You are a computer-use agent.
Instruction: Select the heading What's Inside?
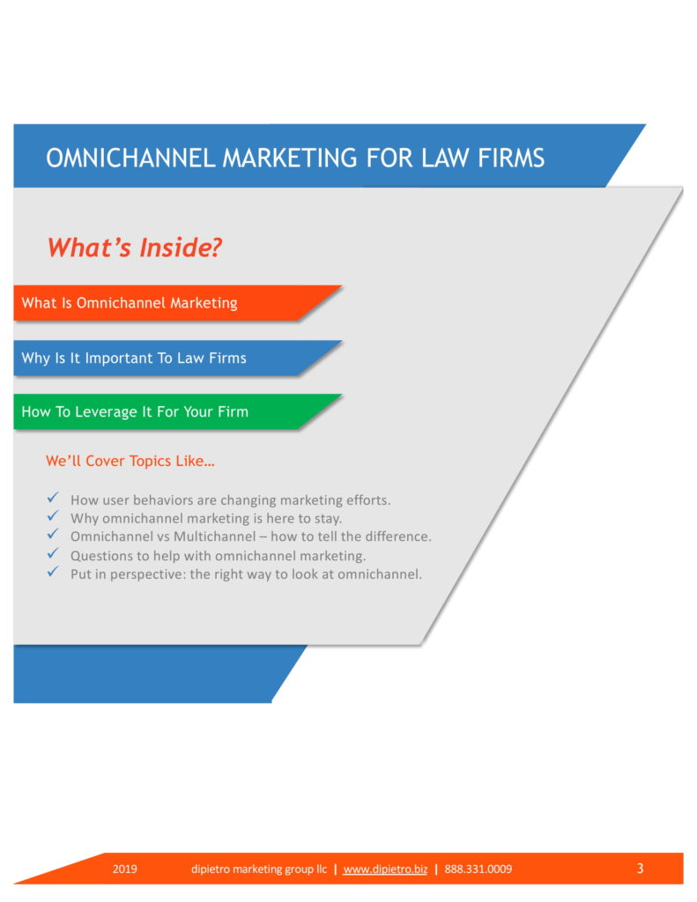[x=134, y=248]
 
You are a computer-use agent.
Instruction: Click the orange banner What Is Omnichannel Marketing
[x=130, y=303]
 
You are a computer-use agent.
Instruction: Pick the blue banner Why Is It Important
[x=134, y=359]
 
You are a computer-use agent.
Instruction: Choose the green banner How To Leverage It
[x=135, y=411]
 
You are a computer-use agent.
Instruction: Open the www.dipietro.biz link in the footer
[x=385, y=869]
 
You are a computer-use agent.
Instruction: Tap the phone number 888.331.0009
[x=478, y=869]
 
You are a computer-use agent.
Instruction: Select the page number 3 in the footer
[x=640, y=869]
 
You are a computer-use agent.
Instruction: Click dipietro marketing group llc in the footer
[x=259, y=869]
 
